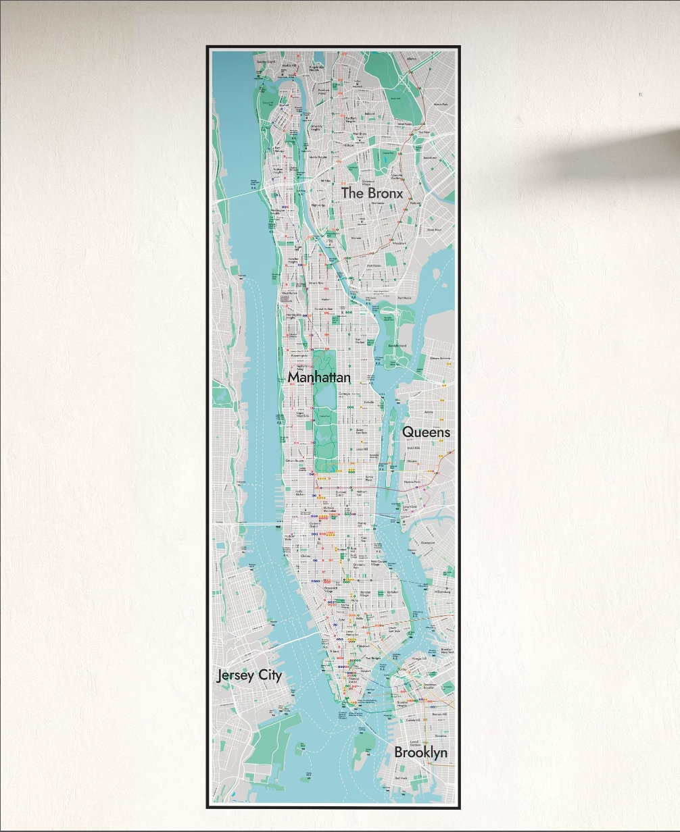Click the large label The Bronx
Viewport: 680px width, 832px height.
click(x=372, y=193)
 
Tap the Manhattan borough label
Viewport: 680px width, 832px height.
click(x=319, y=377)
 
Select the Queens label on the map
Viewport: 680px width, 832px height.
click(x=426, y=432)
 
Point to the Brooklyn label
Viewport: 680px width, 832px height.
click(x=420, y=752)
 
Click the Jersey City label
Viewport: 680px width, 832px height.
click(x=249, y=675)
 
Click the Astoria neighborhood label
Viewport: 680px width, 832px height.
click(x=428, y=411)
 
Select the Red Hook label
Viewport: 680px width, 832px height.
click(x=402, y=778)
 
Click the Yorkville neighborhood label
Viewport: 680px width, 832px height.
click(x=368, y=402)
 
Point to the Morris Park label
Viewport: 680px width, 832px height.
click(x=441, y=105)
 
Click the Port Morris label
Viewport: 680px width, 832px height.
click(x=404, y=298)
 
